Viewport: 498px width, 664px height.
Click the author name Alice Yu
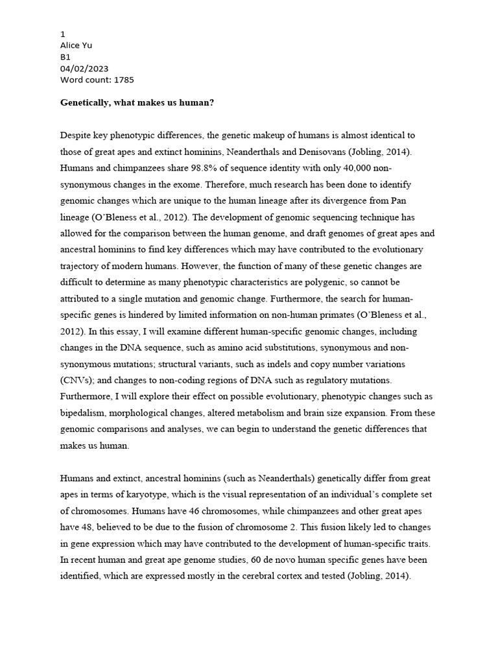(x=77, y=45)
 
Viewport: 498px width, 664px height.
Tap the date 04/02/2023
(x=84, y=68)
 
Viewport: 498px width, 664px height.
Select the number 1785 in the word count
(x=124, y=79)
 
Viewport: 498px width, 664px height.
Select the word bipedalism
(x=86, y=413)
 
